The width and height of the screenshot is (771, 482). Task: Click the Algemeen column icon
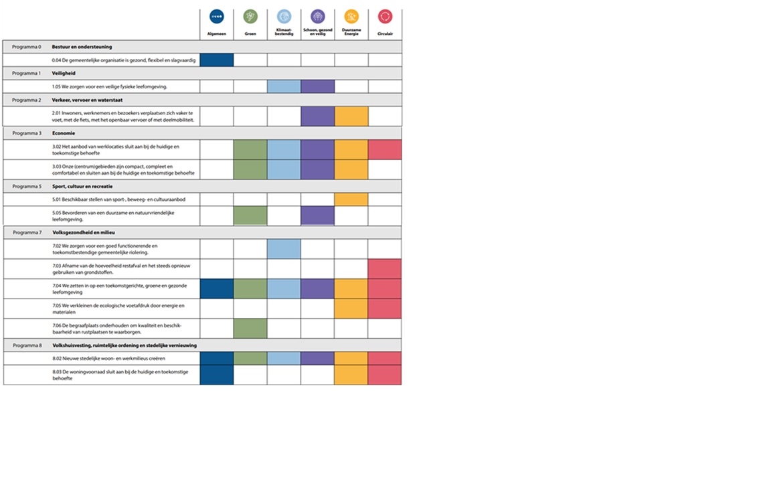[217, 17]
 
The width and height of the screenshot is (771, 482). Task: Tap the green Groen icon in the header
[250, 17]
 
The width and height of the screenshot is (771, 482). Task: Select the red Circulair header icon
[385, 17]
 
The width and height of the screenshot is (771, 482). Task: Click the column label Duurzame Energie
[351, 32]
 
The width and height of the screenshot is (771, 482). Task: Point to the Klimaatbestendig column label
[284, 32]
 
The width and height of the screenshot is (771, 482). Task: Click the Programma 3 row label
[27, 133]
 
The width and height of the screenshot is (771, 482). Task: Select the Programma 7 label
[27, 232]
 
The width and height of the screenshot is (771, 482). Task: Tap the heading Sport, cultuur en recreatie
[82, 186]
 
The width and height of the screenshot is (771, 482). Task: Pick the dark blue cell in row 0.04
[217, 60]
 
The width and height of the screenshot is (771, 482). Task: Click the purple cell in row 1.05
[317, 86]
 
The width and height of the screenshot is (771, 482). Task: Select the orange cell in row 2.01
[351, 116]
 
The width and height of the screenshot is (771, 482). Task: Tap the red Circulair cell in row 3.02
[385, 149]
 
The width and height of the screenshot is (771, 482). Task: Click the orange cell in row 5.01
[351, 199]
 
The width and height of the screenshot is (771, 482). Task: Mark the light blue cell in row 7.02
[284, 249]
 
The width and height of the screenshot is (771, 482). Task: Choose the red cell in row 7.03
[385, 269]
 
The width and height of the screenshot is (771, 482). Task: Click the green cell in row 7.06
[250, 329]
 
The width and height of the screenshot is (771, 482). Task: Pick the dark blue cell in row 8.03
[217, 375]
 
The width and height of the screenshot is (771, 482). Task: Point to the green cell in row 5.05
[250, 216]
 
